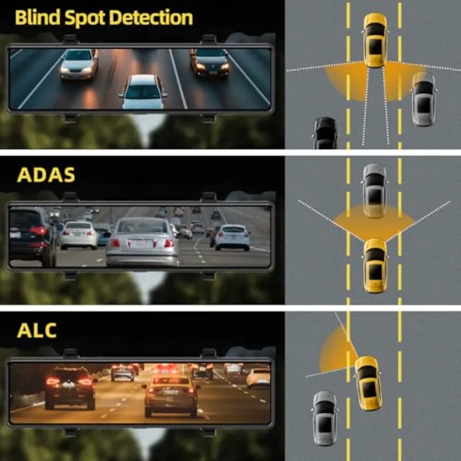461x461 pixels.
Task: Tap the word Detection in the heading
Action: tap(151, 17)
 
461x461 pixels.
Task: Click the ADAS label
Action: tap(46, 175)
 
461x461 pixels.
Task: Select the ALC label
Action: tap(37, 330)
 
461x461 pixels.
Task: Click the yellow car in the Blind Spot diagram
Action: tap(375, 40)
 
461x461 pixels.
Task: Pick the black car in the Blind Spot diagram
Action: tap(325, 133)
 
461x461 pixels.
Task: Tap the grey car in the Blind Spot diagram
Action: tap(424, 99)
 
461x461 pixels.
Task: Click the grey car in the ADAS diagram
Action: tap(374, 191)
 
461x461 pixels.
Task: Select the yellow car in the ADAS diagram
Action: tap(375, 265)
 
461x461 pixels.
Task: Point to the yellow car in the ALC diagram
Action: tap(368, 383)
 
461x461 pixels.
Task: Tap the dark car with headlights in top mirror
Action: tap(209, 62)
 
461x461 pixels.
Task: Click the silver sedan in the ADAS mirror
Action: tap(142, 241)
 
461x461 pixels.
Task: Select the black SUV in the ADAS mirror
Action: tap(32, 236)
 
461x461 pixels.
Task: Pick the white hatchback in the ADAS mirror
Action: tap(232, 237)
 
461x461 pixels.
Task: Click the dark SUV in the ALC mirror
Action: tap(70, 388)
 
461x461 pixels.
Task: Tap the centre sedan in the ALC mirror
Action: tap(171, 395)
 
